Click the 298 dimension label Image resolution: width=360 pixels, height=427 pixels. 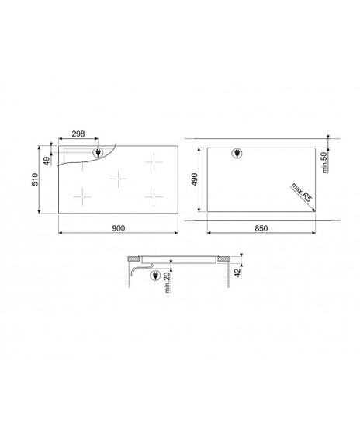pos(78,134)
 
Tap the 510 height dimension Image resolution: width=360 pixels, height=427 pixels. pos(36,179)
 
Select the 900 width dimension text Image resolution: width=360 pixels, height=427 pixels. pos(119,228)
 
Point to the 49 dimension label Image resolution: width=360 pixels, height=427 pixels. pos(47,161)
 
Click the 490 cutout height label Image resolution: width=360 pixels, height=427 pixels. pos(194,179)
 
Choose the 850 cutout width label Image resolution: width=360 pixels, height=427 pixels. pos(261,228)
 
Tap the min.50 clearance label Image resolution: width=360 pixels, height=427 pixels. pos(324,162)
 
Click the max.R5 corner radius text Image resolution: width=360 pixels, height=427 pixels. pos(301,193)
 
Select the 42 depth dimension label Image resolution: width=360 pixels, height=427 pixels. pos(238,273)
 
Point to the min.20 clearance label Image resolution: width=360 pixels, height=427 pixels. pos(168,283)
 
